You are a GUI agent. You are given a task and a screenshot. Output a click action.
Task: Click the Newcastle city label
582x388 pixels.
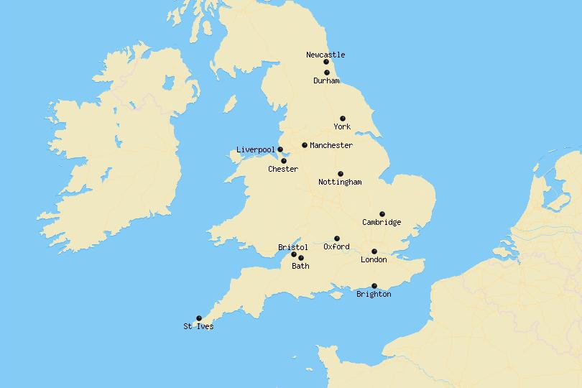point(325,55)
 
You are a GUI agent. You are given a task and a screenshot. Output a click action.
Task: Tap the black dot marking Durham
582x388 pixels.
point(327,73)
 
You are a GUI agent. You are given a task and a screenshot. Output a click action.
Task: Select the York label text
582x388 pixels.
point(342,127)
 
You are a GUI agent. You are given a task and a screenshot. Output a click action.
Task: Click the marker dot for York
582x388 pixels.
point(343,119)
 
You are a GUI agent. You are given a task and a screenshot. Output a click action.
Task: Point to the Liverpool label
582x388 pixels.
point(256,150)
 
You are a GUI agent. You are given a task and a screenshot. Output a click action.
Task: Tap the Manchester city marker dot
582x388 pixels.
point(305,145)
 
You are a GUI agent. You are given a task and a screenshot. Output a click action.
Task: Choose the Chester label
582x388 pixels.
point(283,170)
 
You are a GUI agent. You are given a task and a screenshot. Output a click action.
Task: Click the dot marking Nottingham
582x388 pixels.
point(341,174)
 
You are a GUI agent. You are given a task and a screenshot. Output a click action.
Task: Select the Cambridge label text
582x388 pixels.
point(382,223)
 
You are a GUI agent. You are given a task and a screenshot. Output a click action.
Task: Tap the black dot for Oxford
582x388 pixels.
point(337,239)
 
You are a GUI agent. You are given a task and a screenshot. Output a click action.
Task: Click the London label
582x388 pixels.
point(374,260)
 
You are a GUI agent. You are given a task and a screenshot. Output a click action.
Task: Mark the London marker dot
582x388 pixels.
point(374,251)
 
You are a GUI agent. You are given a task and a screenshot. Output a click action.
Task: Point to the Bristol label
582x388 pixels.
point(292,247)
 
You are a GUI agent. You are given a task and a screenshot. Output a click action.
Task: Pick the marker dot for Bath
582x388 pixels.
point(300,258)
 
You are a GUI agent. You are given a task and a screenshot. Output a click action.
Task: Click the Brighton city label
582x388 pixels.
point(374,295)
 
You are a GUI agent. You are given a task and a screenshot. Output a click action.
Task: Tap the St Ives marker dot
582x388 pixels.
point(199,318)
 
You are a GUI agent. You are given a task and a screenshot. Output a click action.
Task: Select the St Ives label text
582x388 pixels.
point(198,327)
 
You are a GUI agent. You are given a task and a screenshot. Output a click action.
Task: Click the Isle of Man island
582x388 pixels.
point(230,105)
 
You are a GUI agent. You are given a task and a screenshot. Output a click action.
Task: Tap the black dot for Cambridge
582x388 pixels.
point(382,214)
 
